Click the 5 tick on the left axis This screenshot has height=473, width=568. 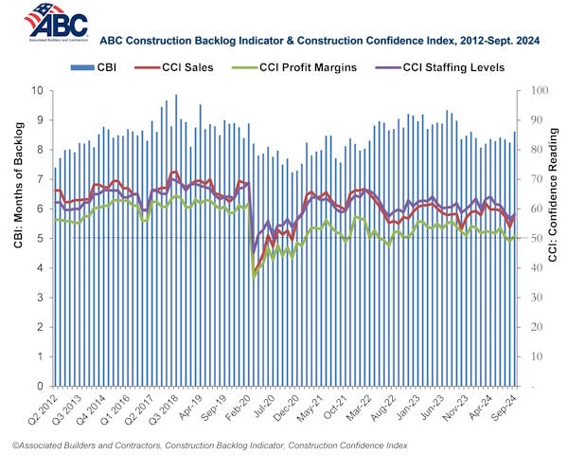point(39,238)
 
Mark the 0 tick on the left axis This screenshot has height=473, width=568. point(39,387)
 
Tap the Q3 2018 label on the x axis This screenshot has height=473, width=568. point(179,410)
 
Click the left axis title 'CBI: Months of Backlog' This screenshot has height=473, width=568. point(16,238)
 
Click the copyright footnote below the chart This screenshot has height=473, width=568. point(238,445)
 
